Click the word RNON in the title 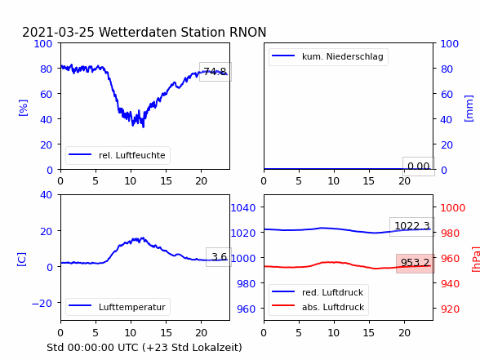coord(247,32)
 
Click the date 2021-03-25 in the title coord(58,32)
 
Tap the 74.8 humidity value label coord(216,72)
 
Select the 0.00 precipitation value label coord(419,167)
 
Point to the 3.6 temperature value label coord(219,257)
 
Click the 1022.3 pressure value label coord(412,227)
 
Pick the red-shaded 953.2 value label coord(416,263)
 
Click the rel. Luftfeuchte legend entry coord(118,155)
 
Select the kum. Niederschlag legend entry coord(328,56)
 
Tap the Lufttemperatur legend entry coord(118,307)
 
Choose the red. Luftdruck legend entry coord(318,292)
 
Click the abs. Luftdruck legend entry coord(318,307)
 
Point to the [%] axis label coord(23,108)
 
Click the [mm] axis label coord(469,109)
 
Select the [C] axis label coord(22,260)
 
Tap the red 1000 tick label coord(453,208)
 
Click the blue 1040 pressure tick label coord(243,208)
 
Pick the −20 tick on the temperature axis coord(42,303)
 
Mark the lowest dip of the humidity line coord(144,127)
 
